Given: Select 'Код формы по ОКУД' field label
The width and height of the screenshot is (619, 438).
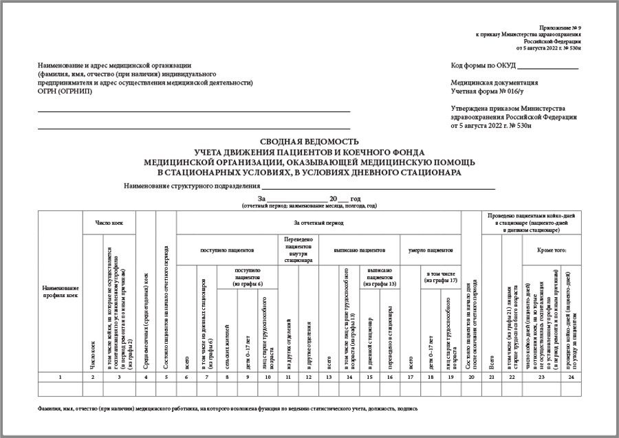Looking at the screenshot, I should coord(484,66).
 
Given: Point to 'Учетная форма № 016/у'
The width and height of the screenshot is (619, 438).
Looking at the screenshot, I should coord(487,91).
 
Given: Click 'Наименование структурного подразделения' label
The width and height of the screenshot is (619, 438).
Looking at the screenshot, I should coord(192,186).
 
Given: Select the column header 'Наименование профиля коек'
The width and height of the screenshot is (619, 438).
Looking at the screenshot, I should coord(61,291).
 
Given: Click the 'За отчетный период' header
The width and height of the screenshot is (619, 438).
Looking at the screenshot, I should coord(318,223).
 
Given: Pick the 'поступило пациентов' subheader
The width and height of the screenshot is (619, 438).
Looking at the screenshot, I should coord(227,251).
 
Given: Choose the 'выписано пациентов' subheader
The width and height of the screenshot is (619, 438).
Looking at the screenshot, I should coord(359,251).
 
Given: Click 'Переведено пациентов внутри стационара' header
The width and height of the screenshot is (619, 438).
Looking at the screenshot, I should coord(298,251).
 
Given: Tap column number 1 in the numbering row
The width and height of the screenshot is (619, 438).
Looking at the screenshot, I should coord(61,377).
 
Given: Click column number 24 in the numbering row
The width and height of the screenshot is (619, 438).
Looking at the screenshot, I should coord(571,377).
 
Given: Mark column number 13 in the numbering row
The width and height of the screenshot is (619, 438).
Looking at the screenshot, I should coord(329,377).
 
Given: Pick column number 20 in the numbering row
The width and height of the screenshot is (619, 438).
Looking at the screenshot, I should coord(470,377).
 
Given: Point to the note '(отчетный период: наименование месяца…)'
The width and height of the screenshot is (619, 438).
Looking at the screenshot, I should coord(309,205).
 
